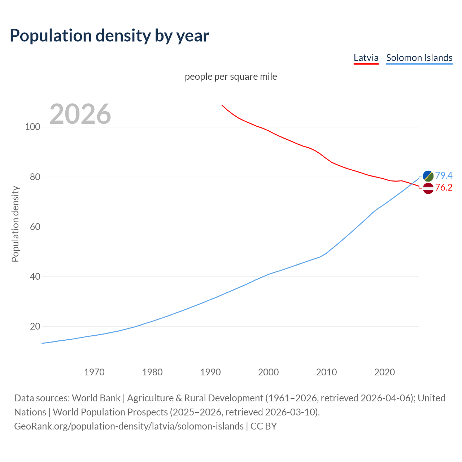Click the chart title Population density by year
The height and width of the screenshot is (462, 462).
(109, 35)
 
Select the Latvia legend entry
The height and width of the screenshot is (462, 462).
(366, 58)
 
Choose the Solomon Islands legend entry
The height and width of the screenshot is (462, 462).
(419, 58)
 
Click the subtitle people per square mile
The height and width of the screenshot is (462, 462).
(231, 77)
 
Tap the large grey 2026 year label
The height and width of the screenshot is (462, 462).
(80, 114)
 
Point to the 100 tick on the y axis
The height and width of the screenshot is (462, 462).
(32, 127)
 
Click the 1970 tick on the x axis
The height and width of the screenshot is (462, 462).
(94, 372)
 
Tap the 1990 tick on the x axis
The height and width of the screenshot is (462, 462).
(210, 372)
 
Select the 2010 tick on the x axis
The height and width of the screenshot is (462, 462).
(326, 372)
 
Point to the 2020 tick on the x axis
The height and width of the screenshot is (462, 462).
(384, 372)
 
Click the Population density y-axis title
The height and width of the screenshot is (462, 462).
(15, 224)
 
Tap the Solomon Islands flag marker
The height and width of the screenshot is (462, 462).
(428, 176)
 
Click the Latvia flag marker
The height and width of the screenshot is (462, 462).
(428, 188)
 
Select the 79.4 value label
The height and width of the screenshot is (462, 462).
(444, 175)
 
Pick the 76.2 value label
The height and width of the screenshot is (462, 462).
(444, 187)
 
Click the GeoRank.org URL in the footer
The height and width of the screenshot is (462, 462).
(129, 426)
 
